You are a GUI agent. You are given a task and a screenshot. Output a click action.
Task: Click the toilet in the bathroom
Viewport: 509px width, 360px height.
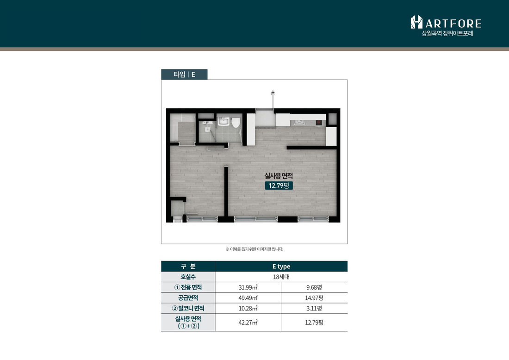[236, 122]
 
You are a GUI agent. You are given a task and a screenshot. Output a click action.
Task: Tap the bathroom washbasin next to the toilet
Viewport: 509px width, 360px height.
[223, 121]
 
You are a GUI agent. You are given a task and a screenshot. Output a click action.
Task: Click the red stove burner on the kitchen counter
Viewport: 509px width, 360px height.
[319, 122]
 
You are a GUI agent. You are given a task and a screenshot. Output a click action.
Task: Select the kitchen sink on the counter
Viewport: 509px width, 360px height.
[299, 122]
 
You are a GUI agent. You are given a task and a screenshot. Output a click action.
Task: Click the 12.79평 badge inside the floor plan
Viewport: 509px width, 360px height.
[279, 186]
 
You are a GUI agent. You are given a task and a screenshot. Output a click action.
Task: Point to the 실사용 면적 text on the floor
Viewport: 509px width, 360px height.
[279, 176]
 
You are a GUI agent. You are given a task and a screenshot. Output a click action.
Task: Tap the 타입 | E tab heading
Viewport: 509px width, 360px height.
[184, 74]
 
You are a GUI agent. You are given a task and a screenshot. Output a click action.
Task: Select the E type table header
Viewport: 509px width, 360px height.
[281, 266]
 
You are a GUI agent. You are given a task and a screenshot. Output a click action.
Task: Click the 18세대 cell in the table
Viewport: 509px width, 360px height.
[281, 277]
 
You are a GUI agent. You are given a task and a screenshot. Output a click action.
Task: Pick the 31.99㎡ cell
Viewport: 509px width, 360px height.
[248, 287]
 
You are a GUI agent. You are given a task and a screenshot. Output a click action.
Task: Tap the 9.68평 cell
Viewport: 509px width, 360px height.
[314, 287]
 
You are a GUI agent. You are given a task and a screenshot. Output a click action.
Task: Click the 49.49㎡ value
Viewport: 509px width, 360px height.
[248, 298]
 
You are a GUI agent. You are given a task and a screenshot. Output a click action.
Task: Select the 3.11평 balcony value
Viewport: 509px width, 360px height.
[314, 308]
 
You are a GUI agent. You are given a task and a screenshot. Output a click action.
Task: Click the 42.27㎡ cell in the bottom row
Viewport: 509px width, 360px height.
[248, 323]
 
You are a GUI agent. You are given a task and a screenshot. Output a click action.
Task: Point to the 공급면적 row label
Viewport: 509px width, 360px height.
[188, 298]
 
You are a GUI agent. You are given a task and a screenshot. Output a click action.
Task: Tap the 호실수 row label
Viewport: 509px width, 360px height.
[188, 277]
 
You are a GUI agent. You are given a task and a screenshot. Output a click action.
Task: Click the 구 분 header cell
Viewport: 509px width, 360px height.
[188, 266]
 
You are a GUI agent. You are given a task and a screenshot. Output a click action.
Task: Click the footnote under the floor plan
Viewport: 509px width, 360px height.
[254, 249]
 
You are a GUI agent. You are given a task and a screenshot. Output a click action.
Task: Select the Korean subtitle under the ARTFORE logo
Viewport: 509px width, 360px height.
[447, 33]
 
